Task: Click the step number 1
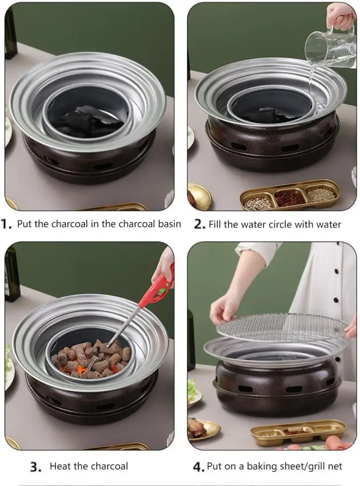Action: click(x=8, y=224)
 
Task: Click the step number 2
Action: click(x=199, y=224)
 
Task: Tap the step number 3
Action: click(x=36, y=467)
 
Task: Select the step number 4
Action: click(x=199, y=467)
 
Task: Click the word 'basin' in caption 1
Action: click(x=167, y=224)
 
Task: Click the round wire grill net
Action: click(x=282, y=327)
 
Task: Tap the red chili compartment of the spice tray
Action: click(x=290, y=197)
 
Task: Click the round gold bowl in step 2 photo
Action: click(x=198, y=197)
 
